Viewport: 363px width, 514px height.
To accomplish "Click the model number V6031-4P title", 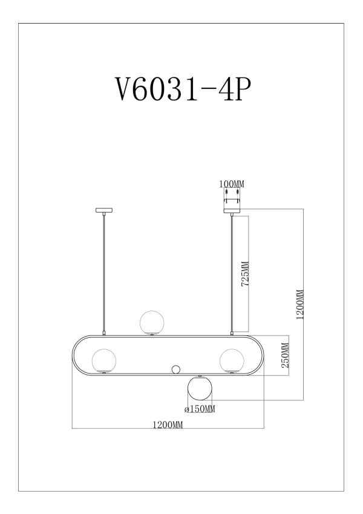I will point(181,91).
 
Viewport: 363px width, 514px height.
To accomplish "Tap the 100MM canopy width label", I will point(232,184).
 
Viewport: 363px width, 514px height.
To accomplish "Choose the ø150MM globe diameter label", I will point(200,410).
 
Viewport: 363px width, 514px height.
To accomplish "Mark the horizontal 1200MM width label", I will point(169,424).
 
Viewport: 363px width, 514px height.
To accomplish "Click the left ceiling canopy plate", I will point(105,211).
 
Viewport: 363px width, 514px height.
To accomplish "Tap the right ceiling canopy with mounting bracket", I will point(232,203).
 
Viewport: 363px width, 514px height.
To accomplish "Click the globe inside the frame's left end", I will point(104,360).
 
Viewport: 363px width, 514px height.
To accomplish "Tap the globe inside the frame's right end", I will point(232,360).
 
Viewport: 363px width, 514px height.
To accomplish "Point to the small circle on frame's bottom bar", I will point(176,369).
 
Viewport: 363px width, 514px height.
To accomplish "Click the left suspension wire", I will point(105,272).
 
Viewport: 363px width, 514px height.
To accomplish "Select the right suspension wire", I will point(232,272).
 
